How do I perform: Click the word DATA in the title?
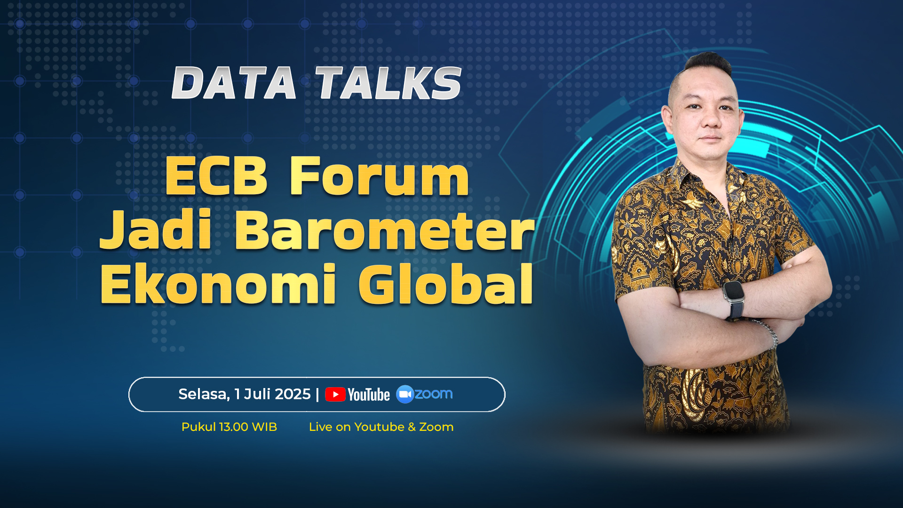coord(234,83)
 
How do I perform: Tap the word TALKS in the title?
coord(388,83)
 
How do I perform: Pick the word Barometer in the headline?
coord(385,230)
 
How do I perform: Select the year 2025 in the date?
coord(293,394)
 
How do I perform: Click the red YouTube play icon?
coord(335,395)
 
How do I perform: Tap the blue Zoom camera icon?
coord(405,394)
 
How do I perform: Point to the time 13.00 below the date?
coord(234,427)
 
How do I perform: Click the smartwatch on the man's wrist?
coord(734,298)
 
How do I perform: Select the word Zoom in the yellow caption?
coord(436,427)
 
